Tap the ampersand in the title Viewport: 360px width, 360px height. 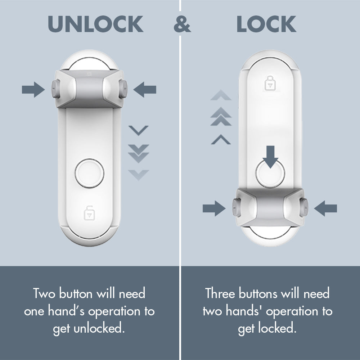click(x=182, y=24)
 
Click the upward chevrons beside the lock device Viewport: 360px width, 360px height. click(x=221, y=117)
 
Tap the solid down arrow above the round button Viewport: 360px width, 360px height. click(x=270, y=155)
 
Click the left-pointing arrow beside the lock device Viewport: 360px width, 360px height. click(x=325, y=208)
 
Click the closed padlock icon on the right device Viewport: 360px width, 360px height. click(x=269, y=83)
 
